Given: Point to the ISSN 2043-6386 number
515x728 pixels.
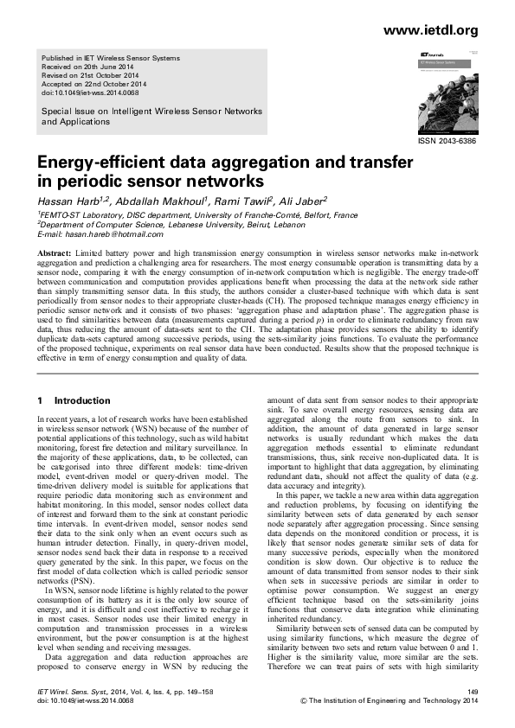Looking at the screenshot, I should (447, 140).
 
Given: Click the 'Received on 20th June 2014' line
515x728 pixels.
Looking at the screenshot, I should (88, 67).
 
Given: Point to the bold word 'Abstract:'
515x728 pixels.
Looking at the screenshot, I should (54, 252).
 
